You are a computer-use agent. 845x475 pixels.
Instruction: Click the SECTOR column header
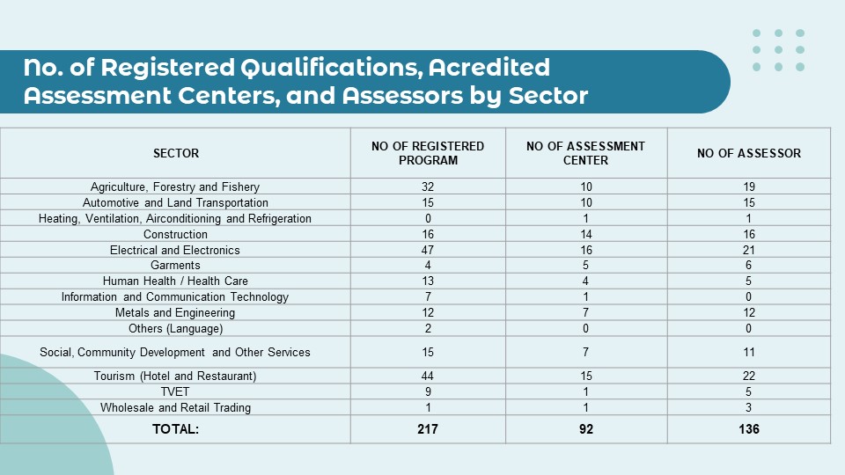pyautogui.click(x=176, y=153)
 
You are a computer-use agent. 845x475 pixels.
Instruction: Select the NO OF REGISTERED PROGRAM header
pyautogui.click(x=428, y=153)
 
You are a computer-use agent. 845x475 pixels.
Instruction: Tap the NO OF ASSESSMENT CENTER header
pyautogui.click(x=585, y=153)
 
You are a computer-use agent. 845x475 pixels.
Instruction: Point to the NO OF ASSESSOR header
pyautogui.click(x=749, y=153)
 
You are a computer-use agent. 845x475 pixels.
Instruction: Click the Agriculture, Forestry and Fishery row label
pyautogui.click(x=175, y=186)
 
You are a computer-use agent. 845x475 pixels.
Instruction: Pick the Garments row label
pyautogui.click(x=175, y=266)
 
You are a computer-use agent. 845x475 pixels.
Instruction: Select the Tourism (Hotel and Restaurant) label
pyautogui.click(x=175, y=376)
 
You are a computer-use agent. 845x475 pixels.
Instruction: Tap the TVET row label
pyautogui.click(x=175, y=392)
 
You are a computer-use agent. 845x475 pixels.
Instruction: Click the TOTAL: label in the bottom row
pyautogui.click(x=175, y=429)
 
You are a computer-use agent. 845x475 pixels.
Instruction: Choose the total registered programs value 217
pyautogui.click(x=428, y=429)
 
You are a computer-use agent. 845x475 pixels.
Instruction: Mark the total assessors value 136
pyautogui.click(x=749, y=429)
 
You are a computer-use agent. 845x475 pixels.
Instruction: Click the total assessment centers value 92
pyautogui.click(x=585, y=429)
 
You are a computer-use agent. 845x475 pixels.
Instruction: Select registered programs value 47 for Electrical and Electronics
pyautogui.click(x=428, y=250)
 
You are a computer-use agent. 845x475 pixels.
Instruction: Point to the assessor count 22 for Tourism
pyautogui.click(x=749, y=376)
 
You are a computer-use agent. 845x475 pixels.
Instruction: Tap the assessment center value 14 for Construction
pyautogui.click(x=585, y=234)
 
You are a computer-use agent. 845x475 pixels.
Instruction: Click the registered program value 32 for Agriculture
pyautogui.click(x=428, y=186)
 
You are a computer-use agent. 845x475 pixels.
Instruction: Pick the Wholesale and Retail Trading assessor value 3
pyautogui.click(x=749, y=408)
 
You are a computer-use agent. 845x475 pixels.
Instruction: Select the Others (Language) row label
pyautogui.click(x=175, y=329)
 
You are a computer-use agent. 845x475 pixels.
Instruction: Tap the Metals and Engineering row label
pyautogui.click(x=175, y=313)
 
